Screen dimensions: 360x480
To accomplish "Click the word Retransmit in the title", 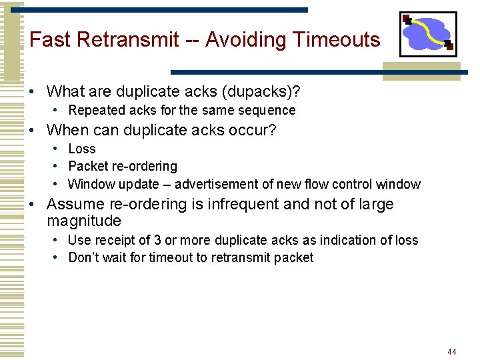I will [128, 40].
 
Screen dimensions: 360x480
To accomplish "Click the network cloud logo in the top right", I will [428, 34].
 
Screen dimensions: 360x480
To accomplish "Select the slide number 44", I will [452, 351].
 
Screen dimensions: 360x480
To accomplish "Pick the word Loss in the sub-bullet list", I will [82, 149].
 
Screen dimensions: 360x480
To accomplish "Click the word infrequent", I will [236, 204].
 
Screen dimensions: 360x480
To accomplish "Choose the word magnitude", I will [84, 221].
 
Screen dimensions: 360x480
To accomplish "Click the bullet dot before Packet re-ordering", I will [59, 167].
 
